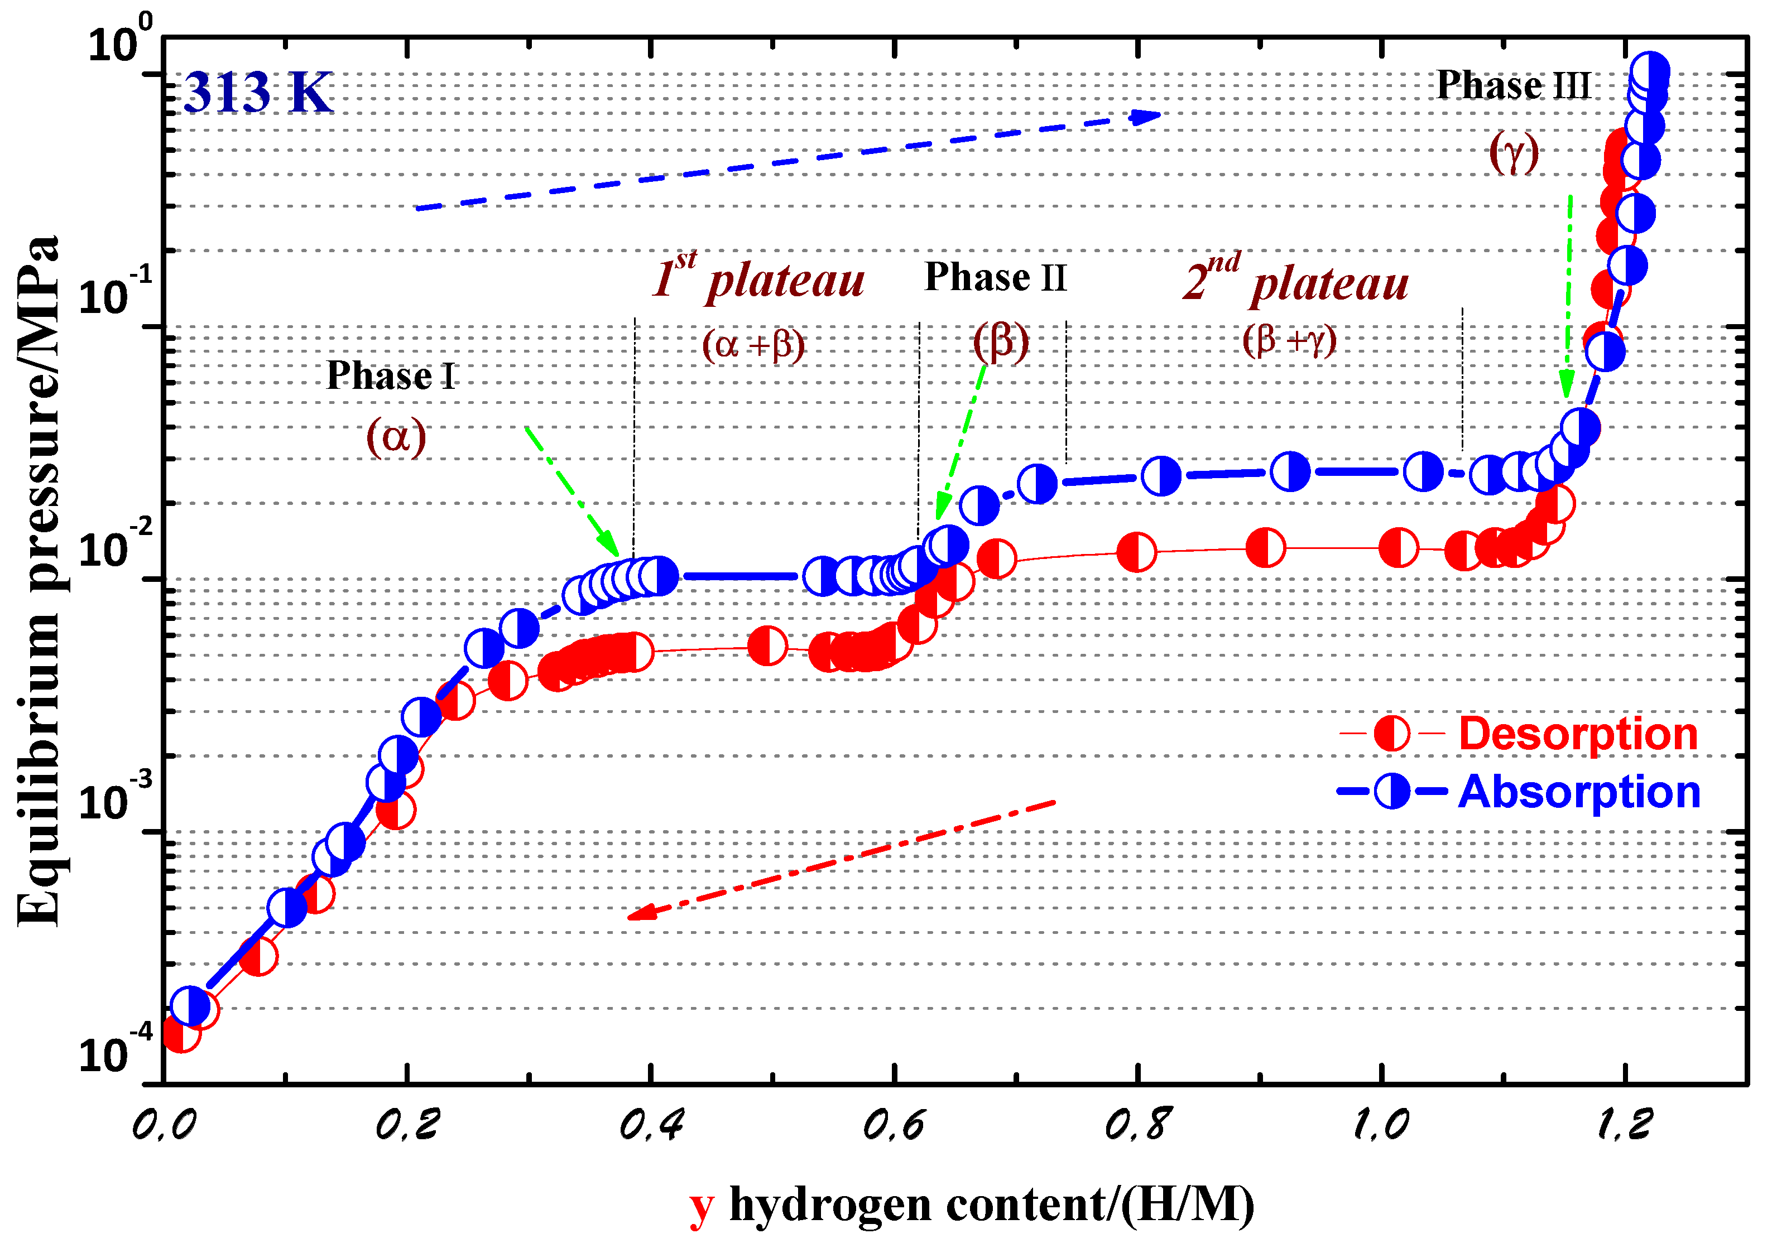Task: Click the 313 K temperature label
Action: point(258,93)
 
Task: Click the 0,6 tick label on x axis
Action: point(893,1125)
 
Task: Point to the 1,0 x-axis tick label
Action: point(1381,1125)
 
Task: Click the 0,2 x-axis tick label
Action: point(407,1125)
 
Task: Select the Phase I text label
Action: point(391,377)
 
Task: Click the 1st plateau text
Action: point(758,278)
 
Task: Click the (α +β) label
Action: point(753,344)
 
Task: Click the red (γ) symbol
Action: point(1514,153)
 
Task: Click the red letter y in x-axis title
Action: point(701,1206)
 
